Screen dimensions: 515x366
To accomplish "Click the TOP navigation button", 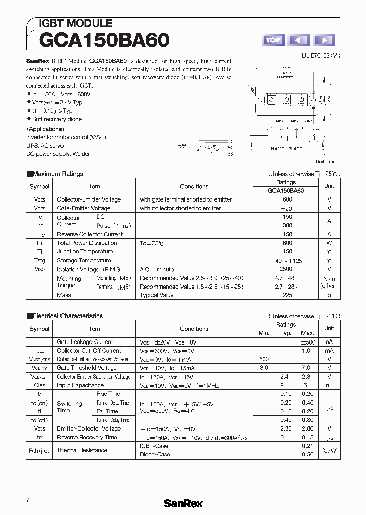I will coord(273,40).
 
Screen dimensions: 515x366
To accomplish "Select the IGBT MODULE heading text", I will coord(75,23).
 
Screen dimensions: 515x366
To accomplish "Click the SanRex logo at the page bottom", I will coord(183,503).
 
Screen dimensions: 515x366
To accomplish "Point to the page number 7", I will coord(28,500).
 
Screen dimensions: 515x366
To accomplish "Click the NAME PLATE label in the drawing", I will coord(286,149).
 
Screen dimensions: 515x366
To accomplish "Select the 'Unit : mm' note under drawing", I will coord(326,161).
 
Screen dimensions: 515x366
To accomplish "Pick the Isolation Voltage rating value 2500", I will coord(286,269).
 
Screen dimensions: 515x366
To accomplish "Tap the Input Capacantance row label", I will coord(80,385).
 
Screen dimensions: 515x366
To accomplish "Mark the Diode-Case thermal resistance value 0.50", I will coord(308,454).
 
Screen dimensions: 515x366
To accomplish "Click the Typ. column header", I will coord(286,333).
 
